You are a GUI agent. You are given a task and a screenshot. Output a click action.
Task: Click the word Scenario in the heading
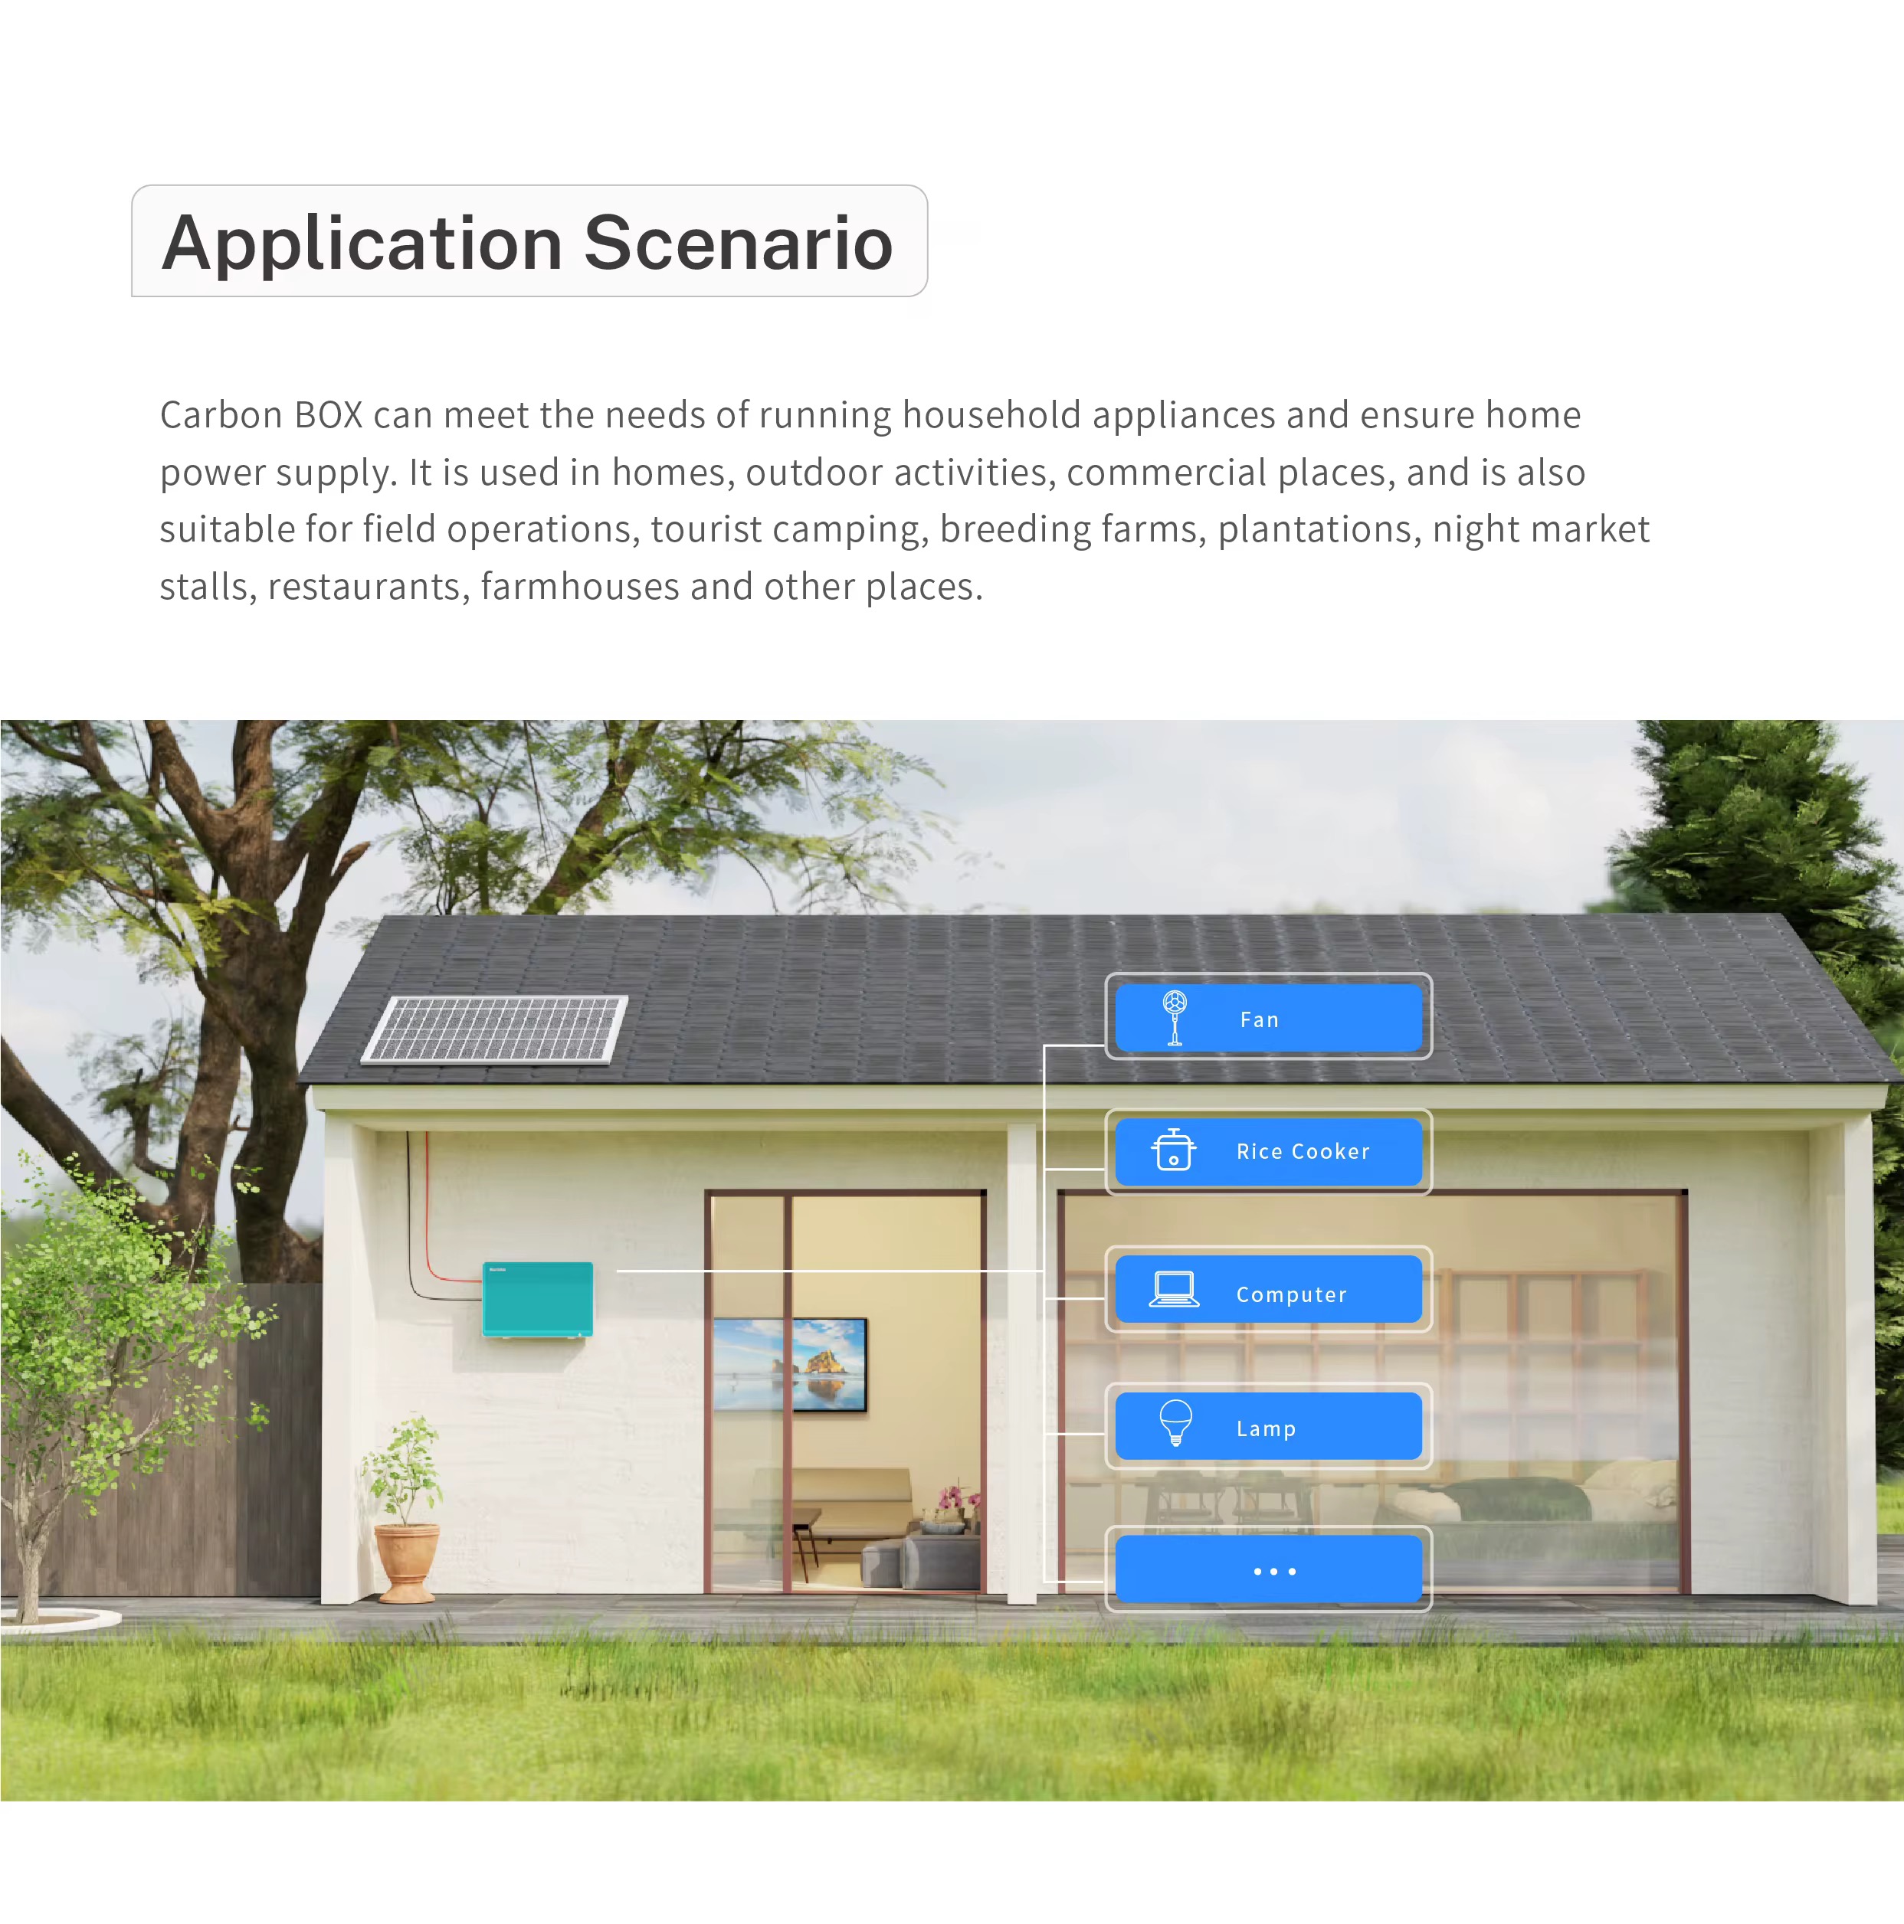pyautogui.click(x=739, y=243)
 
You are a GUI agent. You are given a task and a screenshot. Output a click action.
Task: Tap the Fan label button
pyautogui.click(x=1268, y=1017)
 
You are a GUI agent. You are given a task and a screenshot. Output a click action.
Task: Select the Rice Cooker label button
pyautogui.click(x=1268, y=1151)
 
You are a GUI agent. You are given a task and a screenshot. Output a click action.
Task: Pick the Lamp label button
pyautogui.click(x=1268, y=1426)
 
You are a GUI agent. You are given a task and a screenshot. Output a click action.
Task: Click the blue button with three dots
pyautogui.click(x=1268, y=1569)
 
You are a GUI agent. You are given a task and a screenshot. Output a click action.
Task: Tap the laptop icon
pyautogui.click(x=1174, y=1288)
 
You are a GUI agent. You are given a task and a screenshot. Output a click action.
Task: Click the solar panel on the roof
pyautogui.click(x=494, y=1029)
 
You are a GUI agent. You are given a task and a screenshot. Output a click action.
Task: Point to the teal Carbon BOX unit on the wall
pyautogui.click(x=538, y=1298)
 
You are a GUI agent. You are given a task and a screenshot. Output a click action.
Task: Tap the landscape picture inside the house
pyautogui.click(x=790, y=1364)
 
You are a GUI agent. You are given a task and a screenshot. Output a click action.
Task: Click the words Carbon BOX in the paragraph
pyautogui.click(x=261, y=415)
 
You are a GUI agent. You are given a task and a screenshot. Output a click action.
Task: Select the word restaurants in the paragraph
pyautogui.click(x=364, y=587)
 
